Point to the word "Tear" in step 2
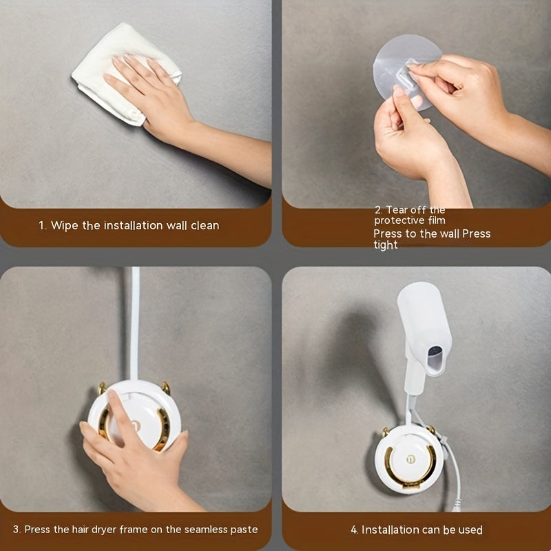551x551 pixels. [397, 210]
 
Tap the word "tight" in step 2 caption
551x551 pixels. [386, 245]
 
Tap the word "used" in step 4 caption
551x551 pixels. [470, 530]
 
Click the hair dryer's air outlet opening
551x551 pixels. [435, 359]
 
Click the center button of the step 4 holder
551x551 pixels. [410, 459]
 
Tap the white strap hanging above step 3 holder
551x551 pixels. [135, 323]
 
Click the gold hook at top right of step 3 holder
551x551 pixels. [166, 388]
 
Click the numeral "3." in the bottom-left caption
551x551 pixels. [17, 530]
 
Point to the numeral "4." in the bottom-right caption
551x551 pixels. [355, 530]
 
